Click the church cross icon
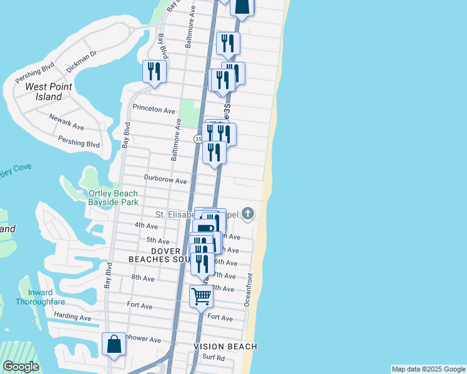[248, 214]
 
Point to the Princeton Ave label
[154, 109]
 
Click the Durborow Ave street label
[165, 181]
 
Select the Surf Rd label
[213, 358]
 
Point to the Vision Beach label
[225, 346]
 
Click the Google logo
[20, 366]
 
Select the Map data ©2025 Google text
[428, 369]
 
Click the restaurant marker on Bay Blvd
[154, 70]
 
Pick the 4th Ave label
[146, 225]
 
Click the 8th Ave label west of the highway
[143, 277]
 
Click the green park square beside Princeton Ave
[188, 115]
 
